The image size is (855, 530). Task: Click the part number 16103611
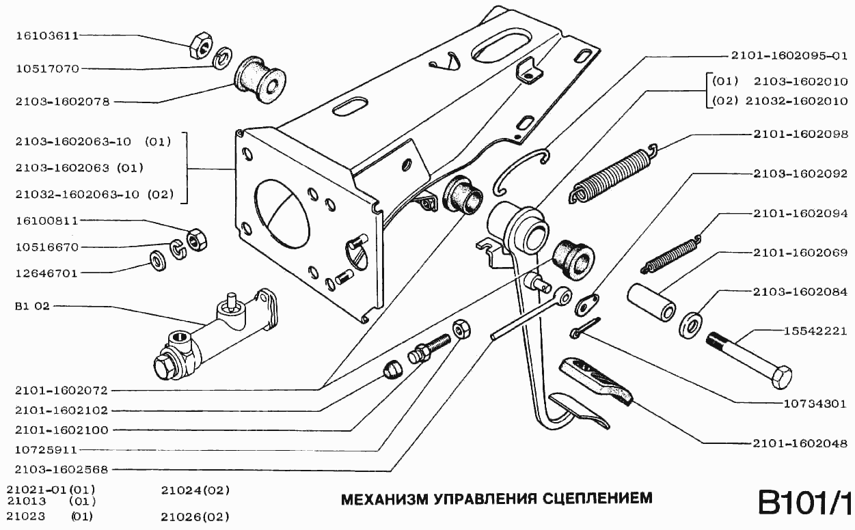tap(47, 35)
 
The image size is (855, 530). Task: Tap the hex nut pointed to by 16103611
tap(201, 44)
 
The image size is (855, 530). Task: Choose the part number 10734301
tap(814, 403)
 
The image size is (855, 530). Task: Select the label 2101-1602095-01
tap(789, 55)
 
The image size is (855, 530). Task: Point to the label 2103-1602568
tap(62, 470)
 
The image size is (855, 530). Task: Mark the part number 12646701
tap(47, 273)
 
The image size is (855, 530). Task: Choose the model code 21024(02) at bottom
tap(195, 490)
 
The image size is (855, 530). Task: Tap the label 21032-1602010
tap(796, 101)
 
